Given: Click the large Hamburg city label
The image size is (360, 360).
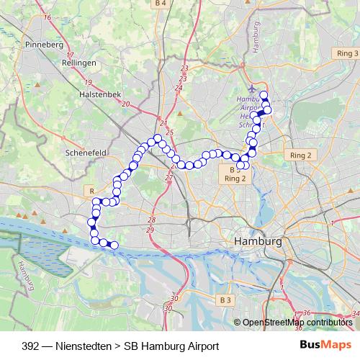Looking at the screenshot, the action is pos(258,242).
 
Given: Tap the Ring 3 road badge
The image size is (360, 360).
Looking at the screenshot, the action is pos(346,54).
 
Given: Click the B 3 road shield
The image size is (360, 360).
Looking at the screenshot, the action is pos(226,299).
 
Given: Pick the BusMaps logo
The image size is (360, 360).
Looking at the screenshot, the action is pos(330,346).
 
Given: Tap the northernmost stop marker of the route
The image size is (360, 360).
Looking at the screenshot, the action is pos(264,95).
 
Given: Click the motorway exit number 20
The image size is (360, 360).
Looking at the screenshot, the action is pos(126,104).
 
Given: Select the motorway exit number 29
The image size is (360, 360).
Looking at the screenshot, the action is pos(150,229).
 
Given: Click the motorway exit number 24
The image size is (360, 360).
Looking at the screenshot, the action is pos(178,87).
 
